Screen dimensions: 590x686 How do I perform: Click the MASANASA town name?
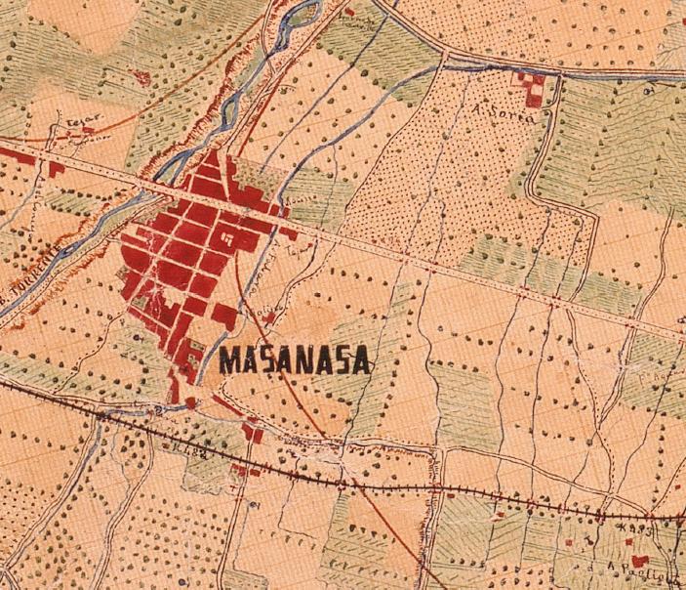click(295, 359)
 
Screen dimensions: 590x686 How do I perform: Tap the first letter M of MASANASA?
click(230, 359)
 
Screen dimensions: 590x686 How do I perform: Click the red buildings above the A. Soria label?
click(533, 86)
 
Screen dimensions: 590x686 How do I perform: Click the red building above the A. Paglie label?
click(640, 561)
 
